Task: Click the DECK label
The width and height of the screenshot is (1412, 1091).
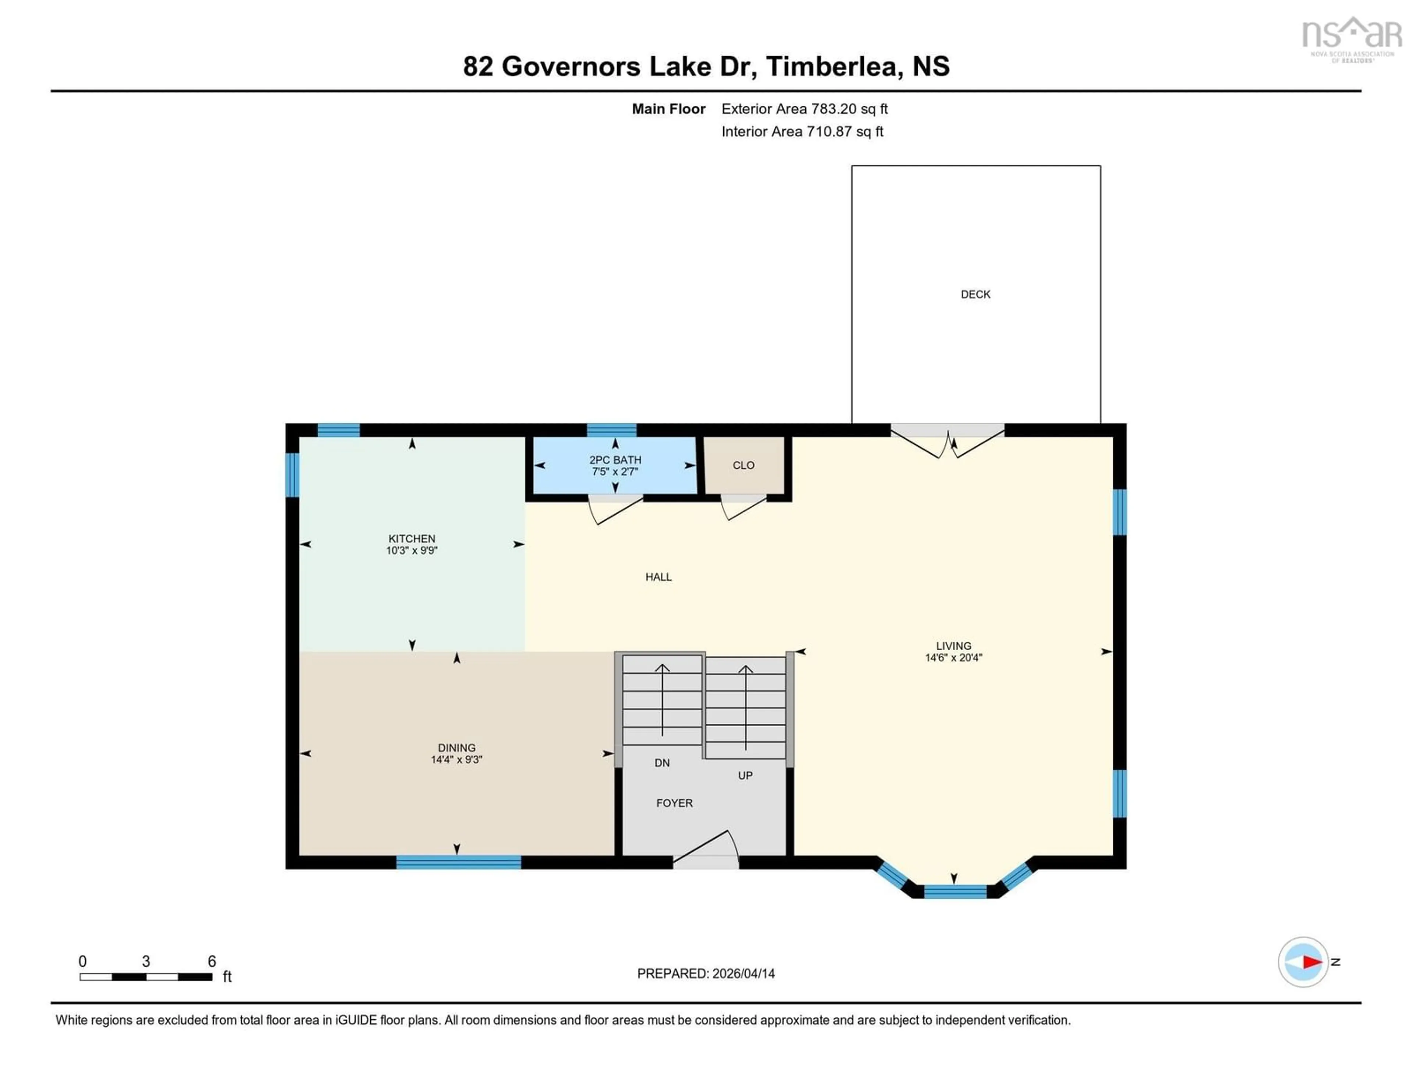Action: tap(975, 294)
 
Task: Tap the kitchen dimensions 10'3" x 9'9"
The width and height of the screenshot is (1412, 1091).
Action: tap(412, 550)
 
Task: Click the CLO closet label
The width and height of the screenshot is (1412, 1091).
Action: tap(744, 465)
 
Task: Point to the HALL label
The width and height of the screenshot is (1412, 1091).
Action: tap(658, 577)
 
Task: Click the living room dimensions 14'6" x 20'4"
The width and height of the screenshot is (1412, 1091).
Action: tap(953, 658)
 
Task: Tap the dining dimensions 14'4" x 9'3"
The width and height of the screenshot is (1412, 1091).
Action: tap(456, 759)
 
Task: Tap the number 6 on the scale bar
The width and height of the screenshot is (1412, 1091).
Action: tap(211, 961)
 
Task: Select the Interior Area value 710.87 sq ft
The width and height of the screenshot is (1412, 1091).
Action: tap(844, 131)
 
